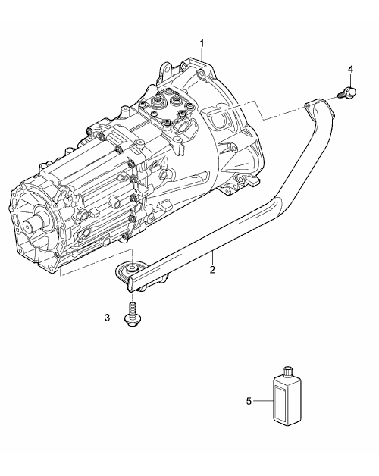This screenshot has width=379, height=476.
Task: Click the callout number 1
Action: tap(202, 44)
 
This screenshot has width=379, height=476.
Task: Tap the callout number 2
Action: tap(212, 269)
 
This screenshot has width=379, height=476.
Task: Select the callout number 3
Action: tap(107, 318)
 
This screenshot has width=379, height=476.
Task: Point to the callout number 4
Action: tap(350, 70)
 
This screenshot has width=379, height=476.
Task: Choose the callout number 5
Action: tap(249, 401)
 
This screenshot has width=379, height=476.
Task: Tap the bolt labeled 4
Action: tap(348, 92)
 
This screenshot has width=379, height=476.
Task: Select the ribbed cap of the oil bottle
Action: tap(287, 371)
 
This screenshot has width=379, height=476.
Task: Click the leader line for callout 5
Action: tap(263, 401)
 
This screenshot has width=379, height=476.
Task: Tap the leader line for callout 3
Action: tap(117, 318)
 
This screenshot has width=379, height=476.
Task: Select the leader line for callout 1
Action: tap(202, 56)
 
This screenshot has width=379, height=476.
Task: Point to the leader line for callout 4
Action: tap(350, 80)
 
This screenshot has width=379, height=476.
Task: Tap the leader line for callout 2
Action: tap(212, 258)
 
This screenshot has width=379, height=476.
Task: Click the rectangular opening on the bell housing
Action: tap(218, 117)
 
